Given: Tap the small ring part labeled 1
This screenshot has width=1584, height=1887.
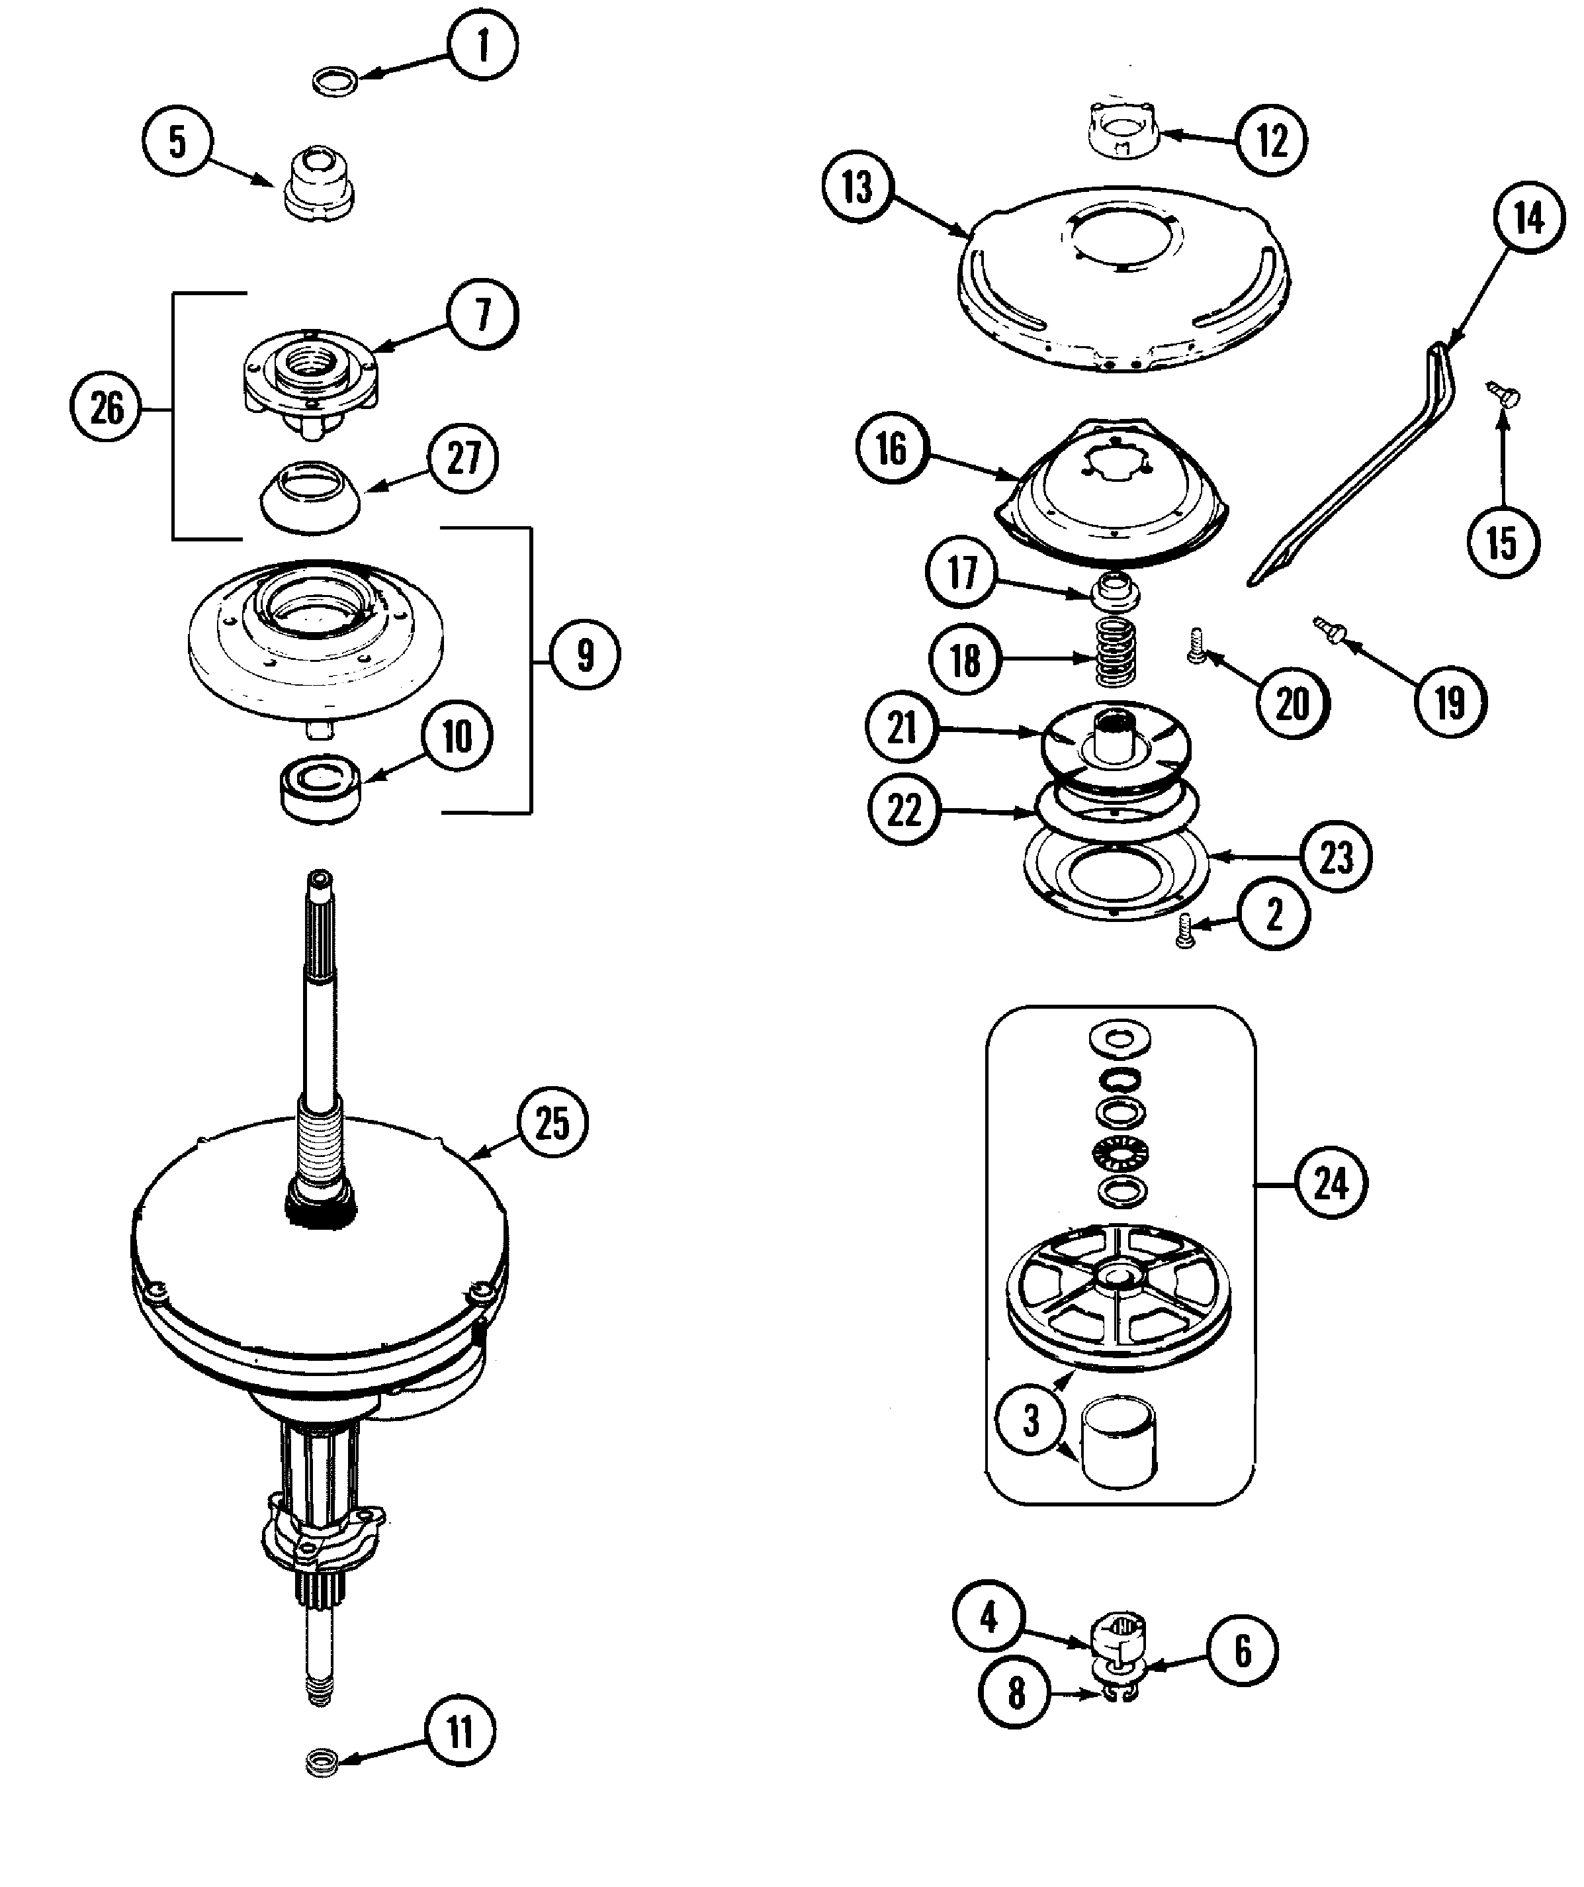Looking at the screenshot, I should [x=335, y=83].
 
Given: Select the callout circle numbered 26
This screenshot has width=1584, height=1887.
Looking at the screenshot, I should [x=106, y=409].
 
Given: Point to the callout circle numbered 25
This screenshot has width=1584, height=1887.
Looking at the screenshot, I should [x=552, y=1123].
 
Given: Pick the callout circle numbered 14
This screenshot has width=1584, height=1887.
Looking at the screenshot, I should [x=1529, y=218].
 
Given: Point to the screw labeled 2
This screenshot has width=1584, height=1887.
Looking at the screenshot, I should [x=1186, y=930].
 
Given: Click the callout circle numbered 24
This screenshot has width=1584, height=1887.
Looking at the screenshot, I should [x=1331, y=1184].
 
